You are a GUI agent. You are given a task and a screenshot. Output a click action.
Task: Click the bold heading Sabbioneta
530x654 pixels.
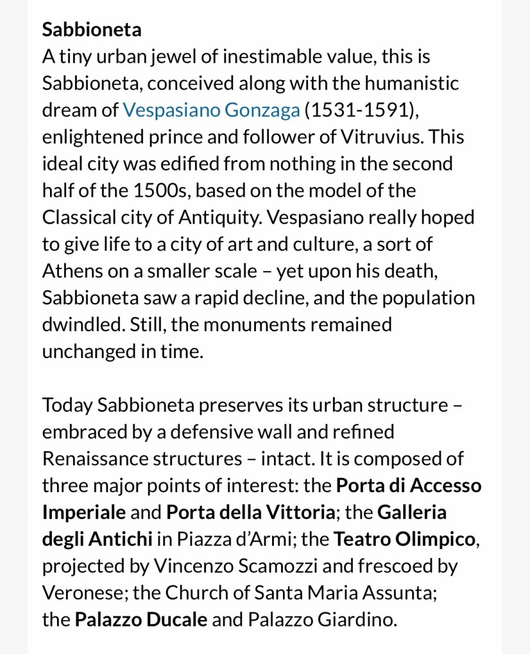tap(92, 29)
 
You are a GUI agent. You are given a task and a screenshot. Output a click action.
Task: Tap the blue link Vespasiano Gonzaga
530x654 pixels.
tap(211, 110)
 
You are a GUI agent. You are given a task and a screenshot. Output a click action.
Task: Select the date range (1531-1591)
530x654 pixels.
tap(362, 110)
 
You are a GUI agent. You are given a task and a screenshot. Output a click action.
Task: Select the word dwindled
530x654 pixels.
tap(83, 324)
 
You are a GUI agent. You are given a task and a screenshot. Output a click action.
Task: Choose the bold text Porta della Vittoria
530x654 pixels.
tap(250, 512)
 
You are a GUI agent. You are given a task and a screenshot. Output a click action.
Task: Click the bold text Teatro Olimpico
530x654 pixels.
tap(405, 539)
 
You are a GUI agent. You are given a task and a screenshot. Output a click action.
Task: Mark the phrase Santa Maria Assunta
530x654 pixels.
tap(345, 593)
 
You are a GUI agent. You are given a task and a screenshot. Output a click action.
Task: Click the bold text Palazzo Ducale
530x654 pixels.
tap(141, 619)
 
